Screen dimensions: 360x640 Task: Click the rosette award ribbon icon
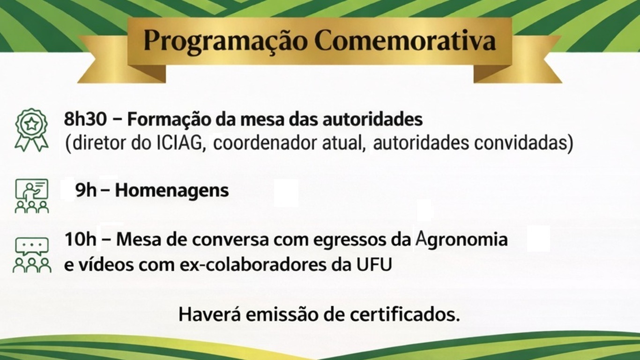point(31,129)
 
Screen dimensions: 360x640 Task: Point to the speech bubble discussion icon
point(31,255)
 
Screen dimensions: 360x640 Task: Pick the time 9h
point(86,191)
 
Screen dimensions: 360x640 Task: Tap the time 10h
point(80,240)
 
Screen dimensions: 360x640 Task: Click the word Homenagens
point(172,191)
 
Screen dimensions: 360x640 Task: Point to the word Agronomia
point(462,240)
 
